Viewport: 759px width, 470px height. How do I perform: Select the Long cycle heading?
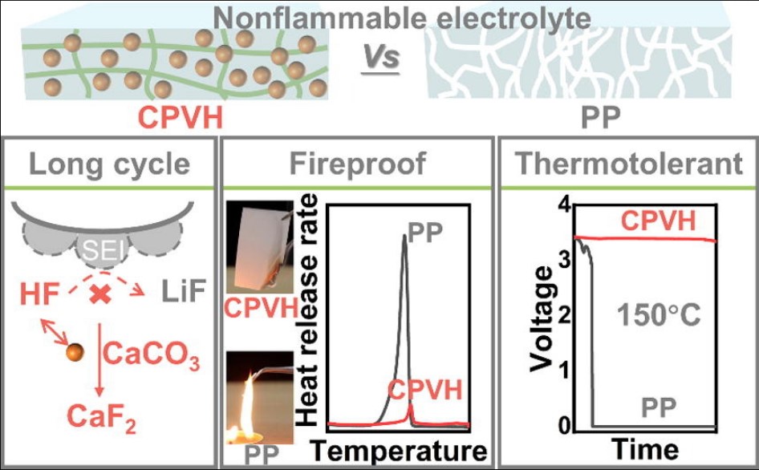111,164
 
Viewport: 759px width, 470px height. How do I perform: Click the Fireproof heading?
357,164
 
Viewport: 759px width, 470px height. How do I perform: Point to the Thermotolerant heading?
628,164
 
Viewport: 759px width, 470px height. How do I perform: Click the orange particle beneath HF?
74,352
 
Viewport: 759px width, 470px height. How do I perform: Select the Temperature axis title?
396,449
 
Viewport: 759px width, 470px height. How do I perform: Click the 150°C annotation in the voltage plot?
660,314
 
